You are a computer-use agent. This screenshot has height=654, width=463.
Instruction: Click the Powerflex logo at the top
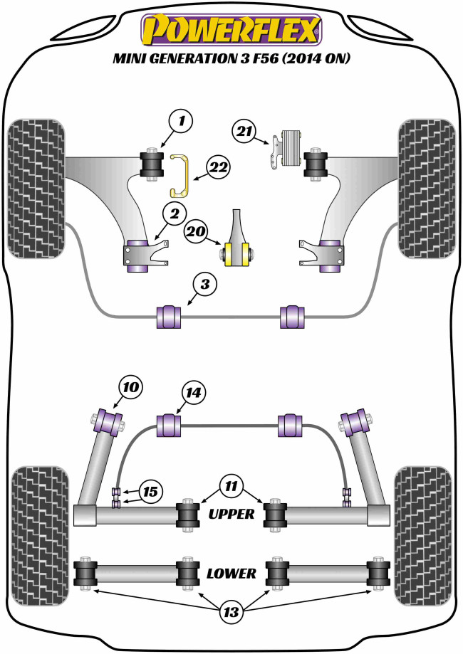(x=231, y=29)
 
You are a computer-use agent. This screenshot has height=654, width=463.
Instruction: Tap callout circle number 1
(x=182, y=122)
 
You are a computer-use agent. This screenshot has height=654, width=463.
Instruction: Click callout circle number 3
(x=205, y=286)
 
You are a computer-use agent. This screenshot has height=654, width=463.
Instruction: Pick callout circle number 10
(x=130, y=388)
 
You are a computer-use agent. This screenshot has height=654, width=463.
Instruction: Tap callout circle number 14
(x=193, y=391)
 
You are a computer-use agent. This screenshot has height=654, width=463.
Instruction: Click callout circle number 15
(x=150, y=491)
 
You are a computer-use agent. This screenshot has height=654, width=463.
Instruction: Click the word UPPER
(x=230, y=513)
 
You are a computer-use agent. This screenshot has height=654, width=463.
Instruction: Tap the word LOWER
(x=231, y=573)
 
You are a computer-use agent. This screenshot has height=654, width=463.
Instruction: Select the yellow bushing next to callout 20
(x=238, y=253)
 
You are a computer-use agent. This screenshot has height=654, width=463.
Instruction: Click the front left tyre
(x=36, y=187)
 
